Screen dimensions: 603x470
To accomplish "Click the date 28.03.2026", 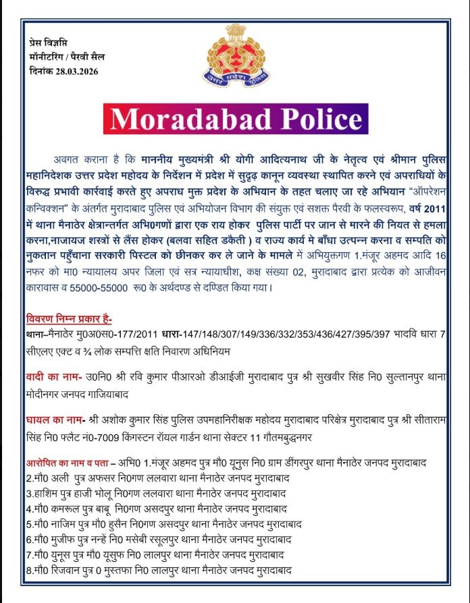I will click(x=75, y=72).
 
